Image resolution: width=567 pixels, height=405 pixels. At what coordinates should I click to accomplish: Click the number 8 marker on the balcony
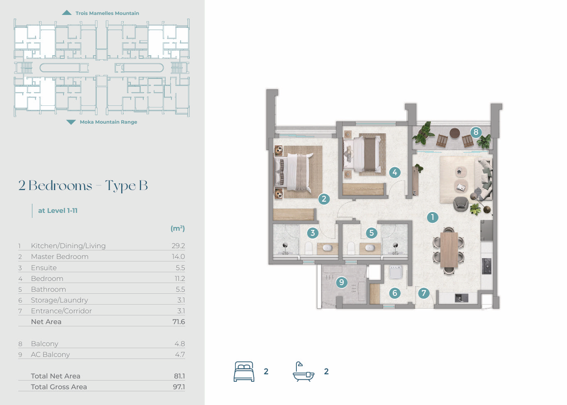click(x=476, y=132)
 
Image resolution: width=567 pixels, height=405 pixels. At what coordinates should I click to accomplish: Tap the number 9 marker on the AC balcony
click(x=342, y=282)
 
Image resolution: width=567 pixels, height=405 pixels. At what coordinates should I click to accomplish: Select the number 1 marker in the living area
click(x=433, y=217)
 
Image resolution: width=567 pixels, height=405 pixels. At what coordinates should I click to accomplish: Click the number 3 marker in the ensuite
click(x=313, y=233)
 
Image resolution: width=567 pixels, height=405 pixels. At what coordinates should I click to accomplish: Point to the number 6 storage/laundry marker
click(x=395, y=293)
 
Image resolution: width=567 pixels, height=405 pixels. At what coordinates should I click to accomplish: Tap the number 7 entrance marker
click(x=424, y=293)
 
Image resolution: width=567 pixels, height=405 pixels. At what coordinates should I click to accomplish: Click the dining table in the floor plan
click(x=449, y=250)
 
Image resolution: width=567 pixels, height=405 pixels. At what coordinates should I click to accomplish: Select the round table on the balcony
click(x=455, y=133)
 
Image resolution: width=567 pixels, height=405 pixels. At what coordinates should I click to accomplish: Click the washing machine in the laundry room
click(x=396, y=272)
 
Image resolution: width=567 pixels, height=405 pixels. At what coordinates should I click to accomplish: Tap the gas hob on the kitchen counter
click(x=486, y=266)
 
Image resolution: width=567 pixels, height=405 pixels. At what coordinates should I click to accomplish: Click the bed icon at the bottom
click(x=244, y=371)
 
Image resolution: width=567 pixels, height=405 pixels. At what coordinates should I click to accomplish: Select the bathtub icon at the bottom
click(x=303, y=371)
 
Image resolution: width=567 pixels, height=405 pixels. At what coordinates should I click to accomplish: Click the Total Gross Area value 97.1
click(x=179, y=387)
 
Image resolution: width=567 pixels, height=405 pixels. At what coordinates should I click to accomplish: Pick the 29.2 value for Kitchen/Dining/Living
click(x=178, y=246)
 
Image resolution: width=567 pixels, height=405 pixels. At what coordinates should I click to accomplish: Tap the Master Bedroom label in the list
click(x=60, y=256)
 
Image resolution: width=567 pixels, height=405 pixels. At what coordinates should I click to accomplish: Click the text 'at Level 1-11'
click(x=58, y=211)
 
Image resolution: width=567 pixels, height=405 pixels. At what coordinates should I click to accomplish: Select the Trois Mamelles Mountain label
click(x=108, y=13)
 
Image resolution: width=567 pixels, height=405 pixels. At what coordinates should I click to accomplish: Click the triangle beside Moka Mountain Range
click(x=71, y=122)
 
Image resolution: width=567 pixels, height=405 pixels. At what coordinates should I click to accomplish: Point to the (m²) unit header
click(x=178, y=228)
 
